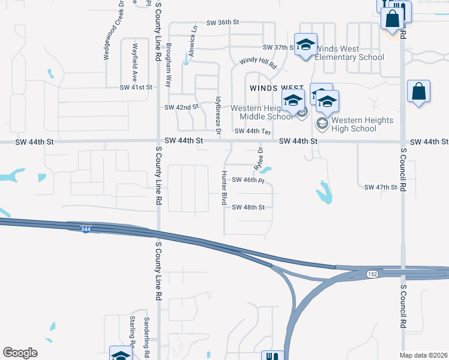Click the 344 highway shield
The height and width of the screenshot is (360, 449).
tap(86, 229)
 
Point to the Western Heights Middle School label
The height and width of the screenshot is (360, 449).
tap(266, 112)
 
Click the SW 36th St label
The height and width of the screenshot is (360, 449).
tap(223, 22)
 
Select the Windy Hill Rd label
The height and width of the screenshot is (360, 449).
tap(257, 61)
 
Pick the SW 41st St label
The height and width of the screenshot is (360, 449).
tap(136, 87)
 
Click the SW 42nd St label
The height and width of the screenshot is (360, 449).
tap(181, 107)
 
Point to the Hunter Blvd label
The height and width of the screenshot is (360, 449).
tap(224, 186)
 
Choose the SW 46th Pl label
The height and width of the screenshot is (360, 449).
tap(248, 180)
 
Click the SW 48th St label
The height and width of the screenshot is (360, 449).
tap(249, 207)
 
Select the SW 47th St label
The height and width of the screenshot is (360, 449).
tap(381, 187)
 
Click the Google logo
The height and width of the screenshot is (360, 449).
tap(20, 352)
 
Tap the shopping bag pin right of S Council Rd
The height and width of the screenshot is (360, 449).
tap(418, 92)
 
